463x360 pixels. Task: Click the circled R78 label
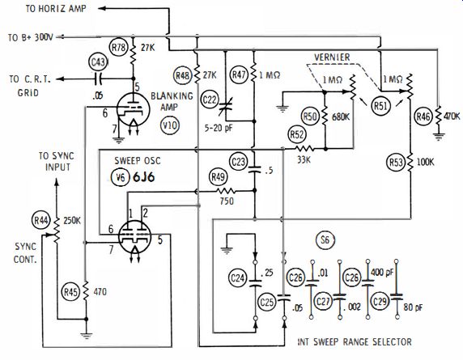coord(119,47)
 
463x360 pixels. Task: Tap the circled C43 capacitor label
coord(98,62)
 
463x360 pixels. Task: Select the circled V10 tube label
coord(170,125)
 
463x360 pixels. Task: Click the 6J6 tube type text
coord(144,177)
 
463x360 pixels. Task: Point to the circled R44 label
coord(41,220)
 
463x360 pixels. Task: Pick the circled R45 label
coord(71,292)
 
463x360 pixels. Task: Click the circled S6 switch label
coord(325,240)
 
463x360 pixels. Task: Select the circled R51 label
coord(380,106)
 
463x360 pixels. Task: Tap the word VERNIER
coord(332,57)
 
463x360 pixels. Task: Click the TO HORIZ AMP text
coord(56,8)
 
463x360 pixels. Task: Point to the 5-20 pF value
coord(219,128)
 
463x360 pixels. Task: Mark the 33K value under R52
coord(304,159)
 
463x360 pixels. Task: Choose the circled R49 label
coord(218,176)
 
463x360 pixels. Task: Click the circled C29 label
coord(380,301)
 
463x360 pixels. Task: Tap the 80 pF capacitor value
coord(414,307)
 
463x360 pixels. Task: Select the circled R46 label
coord(423,116)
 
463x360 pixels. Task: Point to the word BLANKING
coord(172,96)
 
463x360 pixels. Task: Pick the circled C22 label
coord(210,100)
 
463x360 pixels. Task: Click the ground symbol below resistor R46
coord(439,137)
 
